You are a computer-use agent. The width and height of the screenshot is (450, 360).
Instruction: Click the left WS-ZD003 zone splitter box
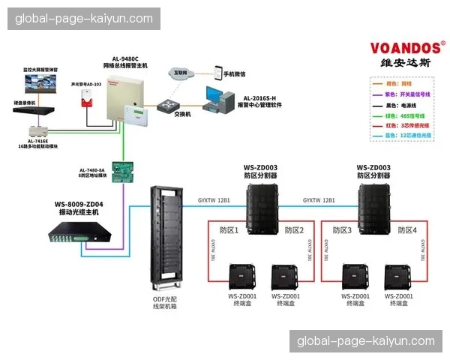pos(256,208)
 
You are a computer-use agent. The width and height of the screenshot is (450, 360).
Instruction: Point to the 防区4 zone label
pos(408,230)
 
